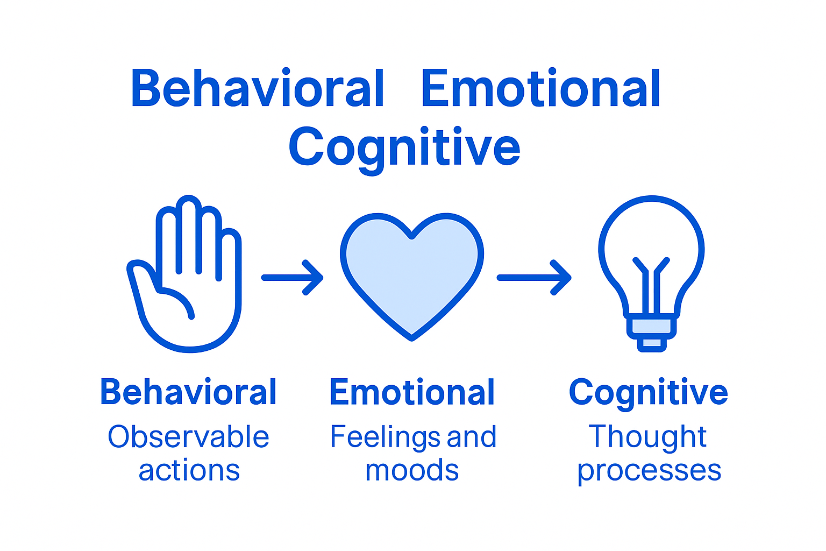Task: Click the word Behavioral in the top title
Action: [258, 88]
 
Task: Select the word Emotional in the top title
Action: [540, 88]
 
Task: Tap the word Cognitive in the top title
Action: [404, 149]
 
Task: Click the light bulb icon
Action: [651, 273]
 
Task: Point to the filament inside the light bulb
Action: [651, 286]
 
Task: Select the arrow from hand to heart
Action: [293, 278]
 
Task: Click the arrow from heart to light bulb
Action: [535, 278]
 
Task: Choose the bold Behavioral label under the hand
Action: [188, 392]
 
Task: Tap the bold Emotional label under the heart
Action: [412, 392]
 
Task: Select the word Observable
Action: [188, 436]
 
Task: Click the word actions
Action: [189, 471]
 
